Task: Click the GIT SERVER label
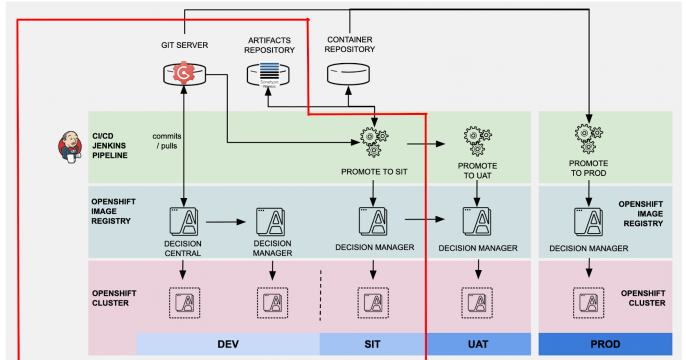click(x=184, y=45)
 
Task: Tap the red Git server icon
click(x=184, y=72)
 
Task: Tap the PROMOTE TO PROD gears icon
click(x=588, y=136)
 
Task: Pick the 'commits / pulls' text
click(x=167, y=141)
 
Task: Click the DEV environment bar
click(x=227, y=344)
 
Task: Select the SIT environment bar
click(x=373, y=344)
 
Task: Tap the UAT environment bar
click(x=478, y=344)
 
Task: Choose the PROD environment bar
click(x=606, y=344)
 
